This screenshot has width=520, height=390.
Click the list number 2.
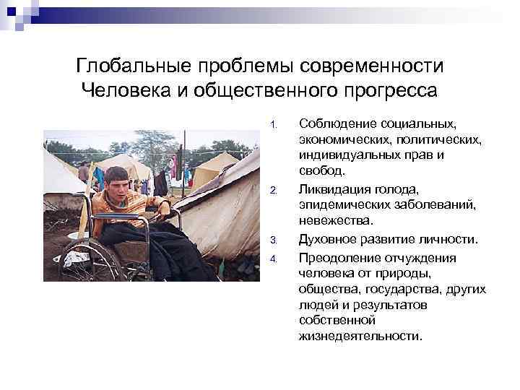click(273, 191)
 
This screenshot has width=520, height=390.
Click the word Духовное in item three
click(326, 240)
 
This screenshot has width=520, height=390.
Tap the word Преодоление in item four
click(339, 257)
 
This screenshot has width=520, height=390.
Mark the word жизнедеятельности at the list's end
click(358, 337)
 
